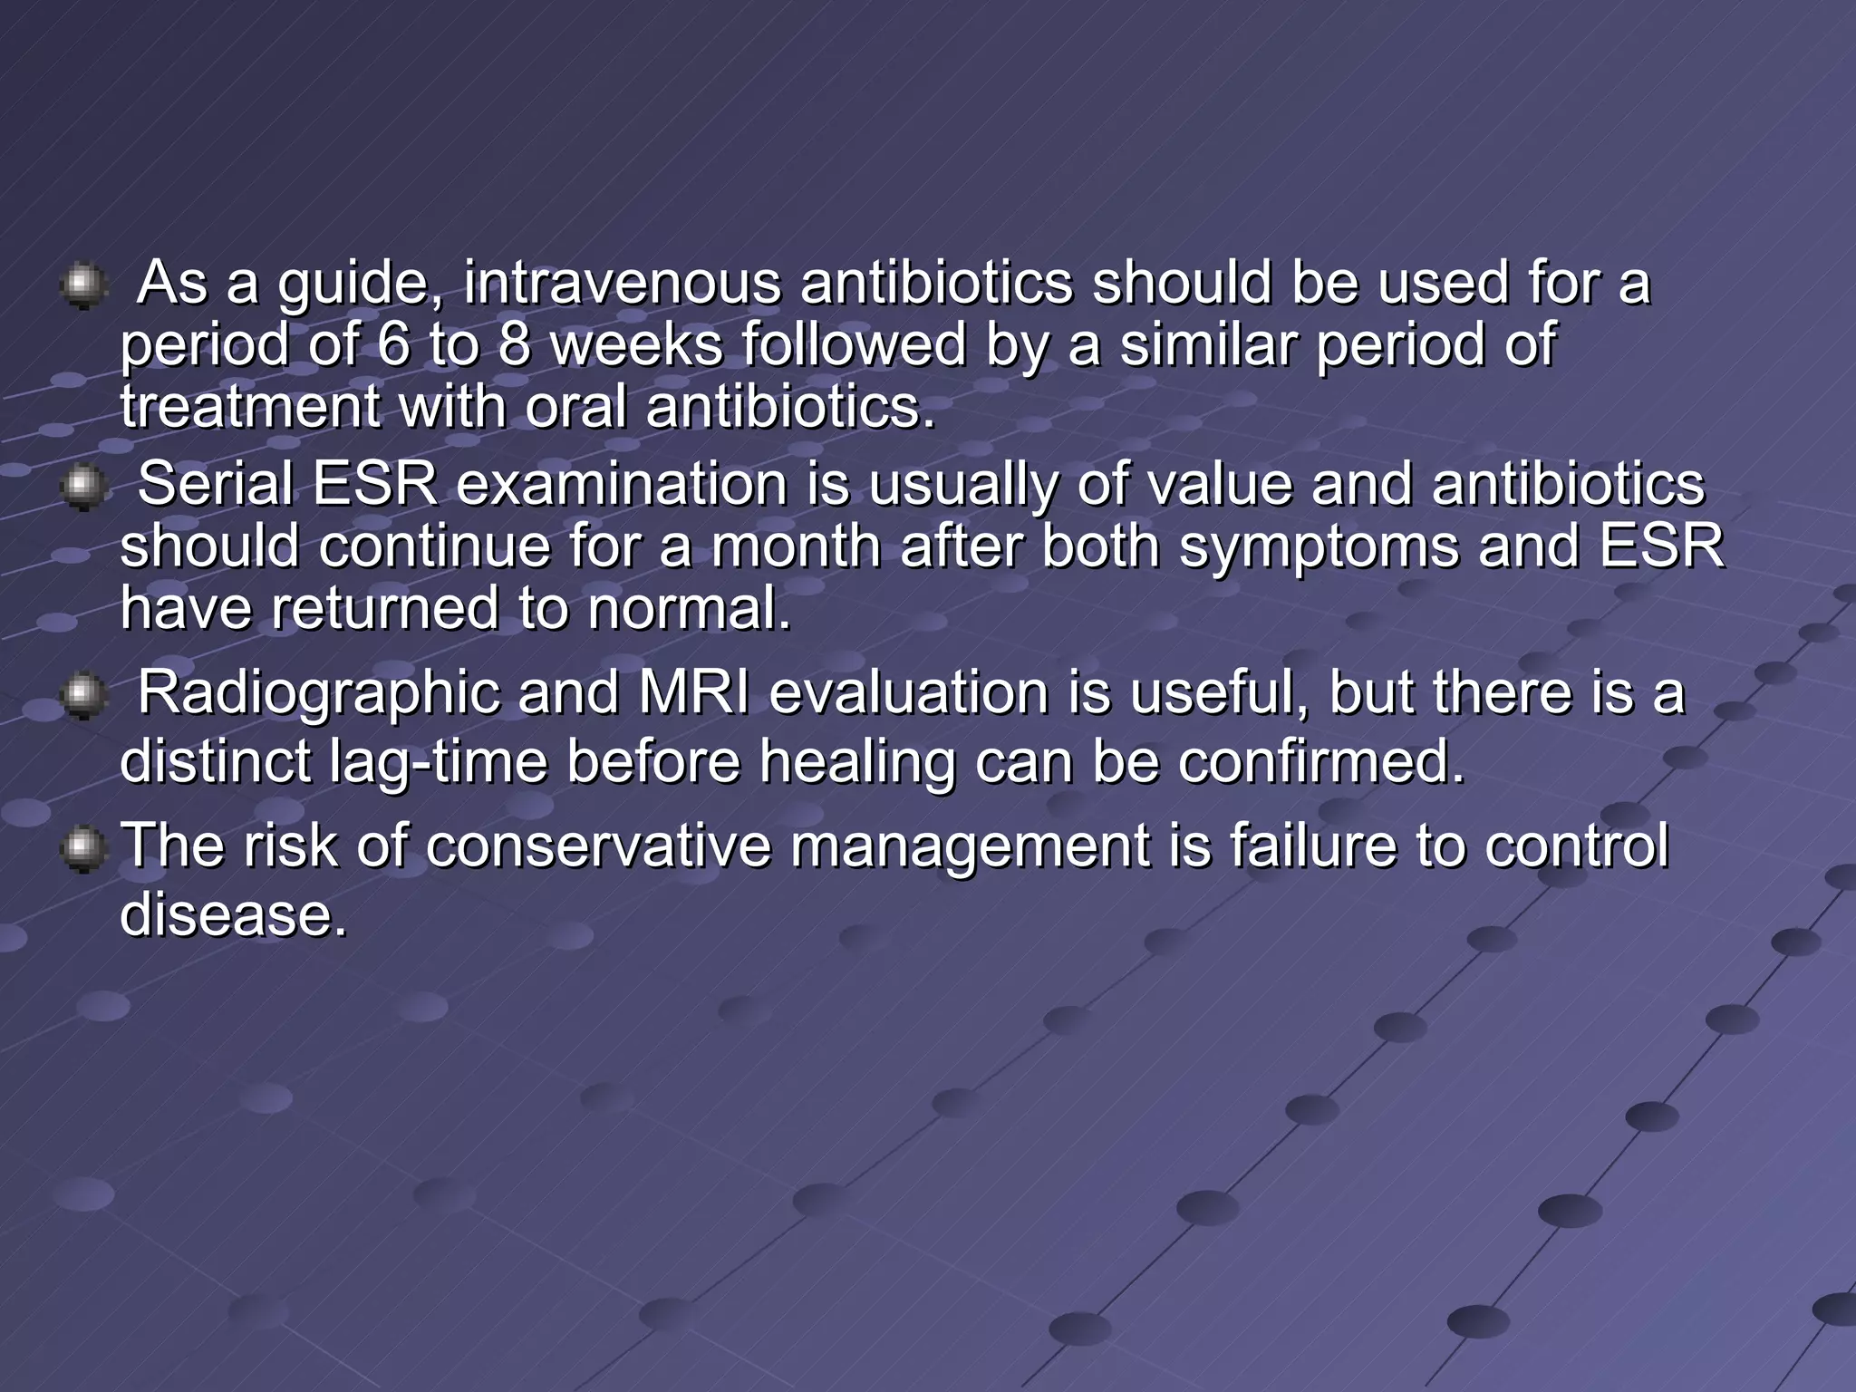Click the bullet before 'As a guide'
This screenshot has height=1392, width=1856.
(x=83, y=286)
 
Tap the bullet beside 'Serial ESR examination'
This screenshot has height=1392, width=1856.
(x=83, y=488)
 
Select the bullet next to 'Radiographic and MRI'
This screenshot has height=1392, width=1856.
(x=83, y=697)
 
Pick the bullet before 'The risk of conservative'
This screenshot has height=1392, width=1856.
(x=83, y=849)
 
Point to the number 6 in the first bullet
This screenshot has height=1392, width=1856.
(x=392, y=345)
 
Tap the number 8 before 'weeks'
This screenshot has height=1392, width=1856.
(x=515, y=345)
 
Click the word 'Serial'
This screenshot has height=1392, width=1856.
(x=216, y=484)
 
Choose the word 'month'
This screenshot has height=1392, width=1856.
(x=796, y=546)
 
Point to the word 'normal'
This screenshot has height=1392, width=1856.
(x=688, y=608)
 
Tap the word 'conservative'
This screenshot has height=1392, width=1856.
(x=598, y=846)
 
